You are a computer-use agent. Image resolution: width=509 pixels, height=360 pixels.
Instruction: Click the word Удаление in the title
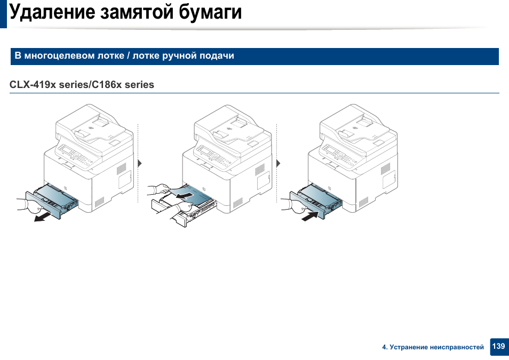point(52,12)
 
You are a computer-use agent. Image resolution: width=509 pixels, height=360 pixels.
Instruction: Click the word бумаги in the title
point(210,12)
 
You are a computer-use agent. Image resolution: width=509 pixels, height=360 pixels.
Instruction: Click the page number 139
point(498,346)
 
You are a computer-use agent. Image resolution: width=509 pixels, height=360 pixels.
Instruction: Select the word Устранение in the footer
point(408,347)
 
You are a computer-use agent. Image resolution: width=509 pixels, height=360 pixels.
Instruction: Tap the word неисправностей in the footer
point(456,347)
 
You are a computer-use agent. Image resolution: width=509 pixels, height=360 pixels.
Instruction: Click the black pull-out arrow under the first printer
point(43,218)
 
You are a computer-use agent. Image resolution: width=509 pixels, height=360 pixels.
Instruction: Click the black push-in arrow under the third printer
point(311,216)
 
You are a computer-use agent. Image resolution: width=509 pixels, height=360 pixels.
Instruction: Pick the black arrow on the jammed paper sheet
point(183,195)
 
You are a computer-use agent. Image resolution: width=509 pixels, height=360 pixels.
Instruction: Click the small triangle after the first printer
point(140,163)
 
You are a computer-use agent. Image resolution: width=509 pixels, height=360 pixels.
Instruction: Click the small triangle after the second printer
point(278,163)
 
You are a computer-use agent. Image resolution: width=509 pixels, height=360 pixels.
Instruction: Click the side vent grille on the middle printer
point(259,169)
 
